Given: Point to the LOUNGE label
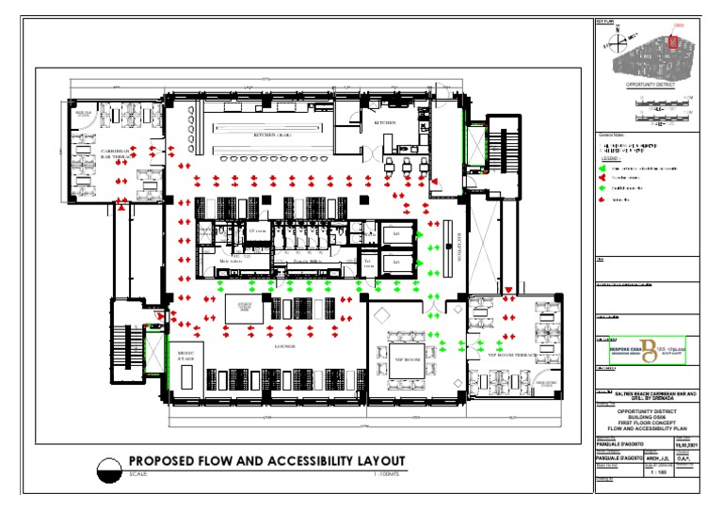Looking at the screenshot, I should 285,346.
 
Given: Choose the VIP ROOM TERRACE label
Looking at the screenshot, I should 511,355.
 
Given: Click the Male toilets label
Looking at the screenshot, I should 231,261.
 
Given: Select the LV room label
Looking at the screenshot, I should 257,231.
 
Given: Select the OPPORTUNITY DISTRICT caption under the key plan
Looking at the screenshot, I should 646,83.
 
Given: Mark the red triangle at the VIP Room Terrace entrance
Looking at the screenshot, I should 508,290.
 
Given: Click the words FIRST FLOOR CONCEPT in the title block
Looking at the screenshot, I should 648,423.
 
